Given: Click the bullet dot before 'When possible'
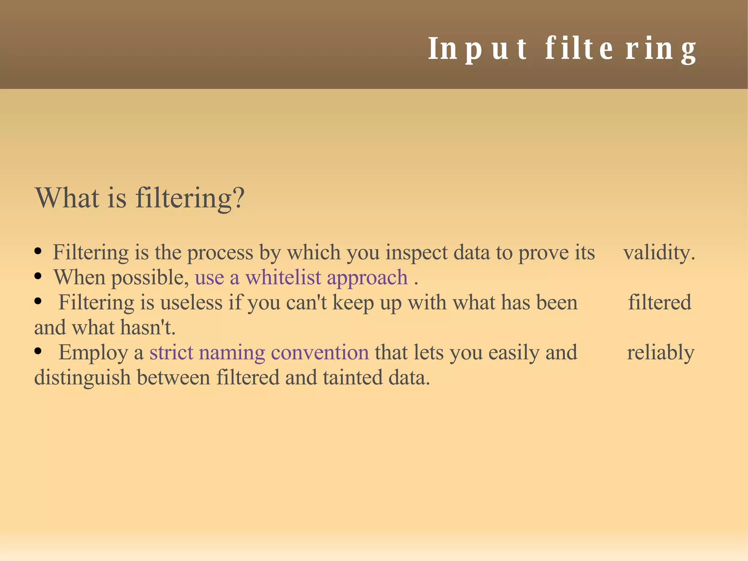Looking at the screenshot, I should coord(38,277).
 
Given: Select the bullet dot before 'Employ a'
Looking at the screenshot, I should coord(38,352).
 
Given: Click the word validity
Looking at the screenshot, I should coord(659,253).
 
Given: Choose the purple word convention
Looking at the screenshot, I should coord(320,352).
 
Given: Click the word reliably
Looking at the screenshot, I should coord(660,353).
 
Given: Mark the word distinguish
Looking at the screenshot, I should coord(82,378).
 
